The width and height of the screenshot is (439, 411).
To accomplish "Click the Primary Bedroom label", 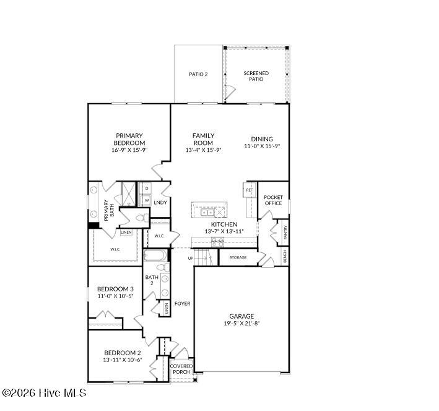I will [x=129, y=139].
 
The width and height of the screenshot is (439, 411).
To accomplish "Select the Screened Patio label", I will [x=256, y=76].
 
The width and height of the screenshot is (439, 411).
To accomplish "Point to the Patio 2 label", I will [x=198, y=74].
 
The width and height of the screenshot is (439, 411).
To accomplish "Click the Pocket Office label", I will [x=273, y=200].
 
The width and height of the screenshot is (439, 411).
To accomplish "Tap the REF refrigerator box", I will [x=250, y=190].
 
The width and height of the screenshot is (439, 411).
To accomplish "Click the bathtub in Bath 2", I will [x=154, y=255].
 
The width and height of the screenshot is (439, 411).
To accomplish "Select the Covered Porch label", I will [x=181, y=369].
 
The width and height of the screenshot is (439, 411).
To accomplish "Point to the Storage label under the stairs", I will [x=238, y=257].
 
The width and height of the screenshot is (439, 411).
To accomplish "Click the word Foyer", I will [x=182, y=303].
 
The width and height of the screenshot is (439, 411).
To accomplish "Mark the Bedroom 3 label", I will [x=116, y=289].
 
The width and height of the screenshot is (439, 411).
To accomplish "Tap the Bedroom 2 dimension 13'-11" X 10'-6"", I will [x=123, y=360].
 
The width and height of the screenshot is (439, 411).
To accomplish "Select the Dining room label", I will [x=262, y=139].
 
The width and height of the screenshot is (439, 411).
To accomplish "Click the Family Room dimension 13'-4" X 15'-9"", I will [x=203, y=149].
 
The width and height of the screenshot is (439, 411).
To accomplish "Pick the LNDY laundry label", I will [x=160, y=202].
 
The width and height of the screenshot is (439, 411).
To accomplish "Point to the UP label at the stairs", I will [x=191, y=257].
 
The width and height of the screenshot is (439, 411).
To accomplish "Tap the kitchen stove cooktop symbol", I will [x=217, y=242].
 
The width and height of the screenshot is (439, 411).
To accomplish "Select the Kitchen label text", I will [x=224, y=224].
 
